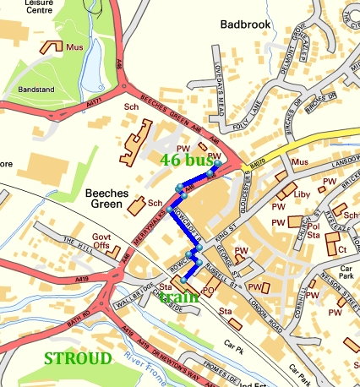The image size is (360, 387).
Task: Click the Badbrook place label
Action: point(245,25)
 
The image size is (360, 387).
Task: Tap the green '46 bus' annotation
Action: point(190,158)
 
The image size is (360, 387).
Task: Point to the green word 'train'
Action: point(178,297)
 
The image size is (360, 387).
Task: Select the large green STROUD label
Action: point(77,358)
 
